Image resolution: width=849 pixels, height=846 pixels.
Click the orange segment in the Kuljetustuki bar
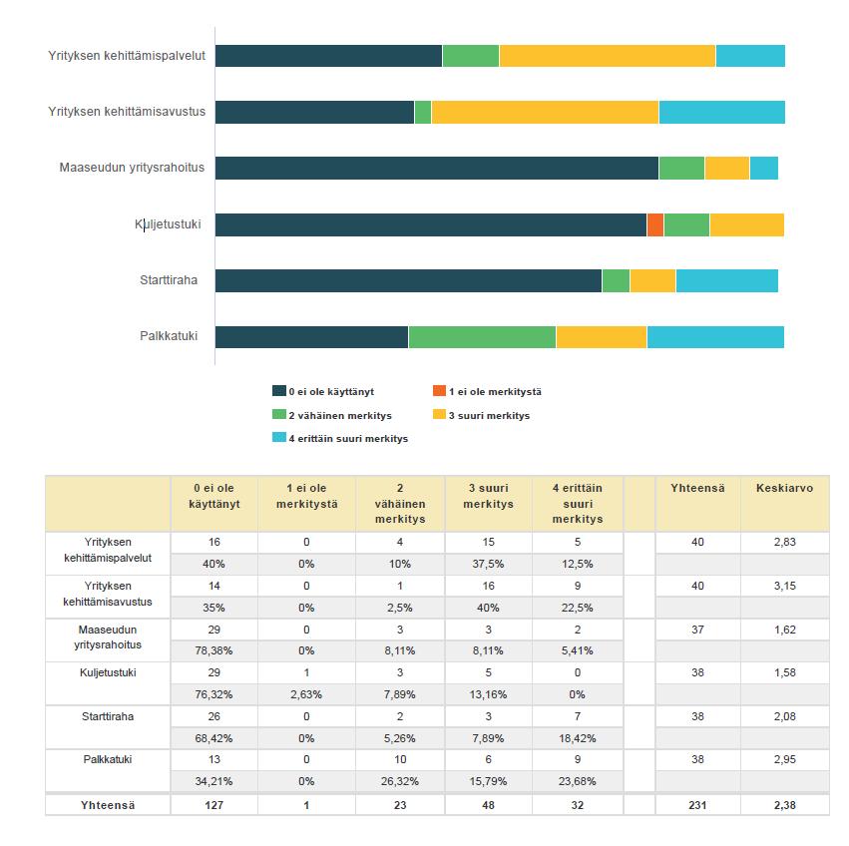[x=655, y=224]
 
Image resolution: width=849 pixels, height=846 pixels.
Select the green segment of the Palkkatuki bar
[x=482, y=337]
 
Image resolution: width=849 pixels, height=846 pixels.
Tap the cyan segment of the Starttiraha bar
[x=727, y=280]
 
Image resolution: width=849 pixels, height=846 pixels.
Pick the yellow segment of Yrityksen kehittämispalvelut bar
[x=607, y=56]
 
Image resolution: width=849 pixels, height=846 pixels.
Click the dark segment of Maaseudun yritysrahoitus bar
[x=437, y=168]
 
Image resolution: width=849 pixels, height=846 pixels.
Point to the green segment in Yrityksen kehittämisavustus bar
[x=423, y=112]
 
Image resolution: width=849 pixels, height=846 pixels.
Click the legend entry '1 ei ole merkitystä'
[x=487, y=391]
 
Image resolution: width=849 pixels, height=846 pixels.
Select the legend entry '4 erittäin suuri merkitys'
[x=340, y=438]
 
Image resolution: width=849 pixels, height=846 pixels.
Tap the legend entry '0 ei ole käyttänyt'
[x=323, y=391]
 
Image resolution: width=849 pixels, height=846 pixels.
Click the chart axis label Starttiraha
[x=169, y=280]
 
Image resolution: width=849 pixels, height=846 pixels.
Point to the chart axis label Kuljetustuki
[x=168, y=224]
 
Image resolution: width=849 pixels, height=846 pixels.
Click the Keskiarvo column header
[x=784, y=488]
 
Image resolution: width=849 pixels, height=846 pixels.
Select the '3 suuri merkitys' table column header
[x=488, y=496]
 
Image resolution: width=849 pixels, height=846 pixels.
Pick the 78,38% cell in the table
[x=213, y=650]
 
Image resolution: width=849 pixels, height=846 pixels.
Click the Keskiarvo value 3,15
[x=784, y=586]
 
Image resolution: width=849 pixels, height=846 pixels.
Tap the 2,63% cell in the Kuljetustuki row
[x=306, y=694]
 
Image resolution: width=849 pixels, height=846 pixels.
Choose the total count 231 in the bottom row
[x=697, y=805]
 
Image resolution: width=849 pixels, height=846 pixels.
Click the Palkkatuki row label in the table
[x=108, y=759]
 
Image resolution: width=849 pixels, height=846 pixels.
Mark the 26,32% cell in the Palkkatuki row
[x=400, y=781]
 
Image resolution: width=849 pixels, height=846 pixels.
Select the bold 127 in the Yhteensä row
[x=213, y=805]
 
